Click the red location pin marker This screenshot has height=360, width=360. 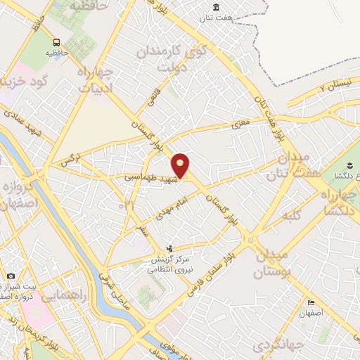(181, 166)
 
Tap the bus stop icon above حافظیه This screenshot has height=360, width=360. (56, 41)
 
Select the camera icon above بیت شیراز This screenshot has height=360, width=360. (11, 276)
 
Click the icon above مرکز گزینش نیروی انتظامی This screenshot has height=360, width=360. (169, 248)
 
